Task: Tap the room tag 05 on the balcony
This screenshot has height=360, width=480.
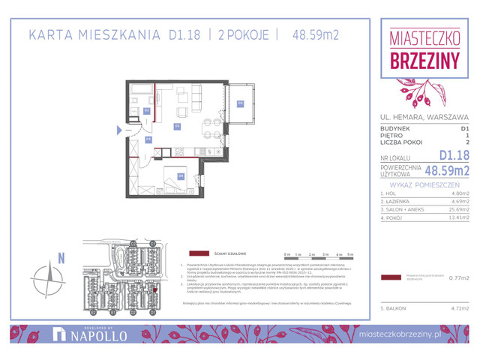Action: click(x=241, y=103)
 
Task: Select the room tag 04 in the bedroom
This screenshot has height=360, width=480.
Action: click(x=181, y=175)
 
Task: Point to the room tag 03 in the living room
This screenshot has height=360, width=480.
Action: click(x=177, y=126)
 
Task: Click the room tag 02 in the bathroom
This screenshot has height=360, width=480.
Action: click(x=147, y=111)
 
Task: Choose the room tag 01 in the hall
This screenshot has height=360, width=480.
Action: click(x=148, y=139)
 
